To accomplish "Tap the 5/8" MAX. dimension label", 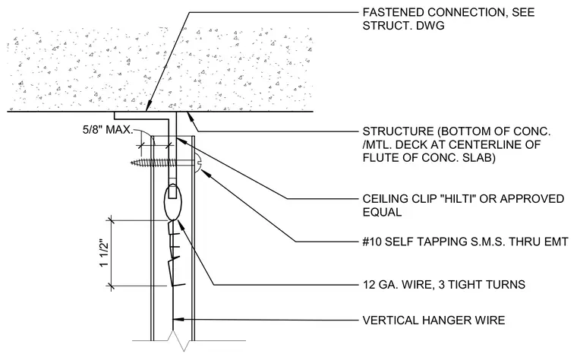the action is click(108, 130).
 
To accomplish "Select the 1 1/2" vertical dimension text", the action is click(105, 254).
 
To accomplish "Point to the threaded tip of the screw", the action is click(133, 163).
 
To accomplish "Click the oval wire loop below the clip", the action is click(173, 201).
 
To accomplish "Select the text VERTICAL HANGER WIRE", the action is click(434, 321).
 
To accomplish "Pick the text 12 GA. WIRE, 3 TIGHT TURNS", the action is click(444, 285).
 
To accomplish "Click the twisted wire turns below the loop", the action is click(175, 253).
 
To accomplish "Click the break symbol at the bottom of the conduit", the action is click(181, 340).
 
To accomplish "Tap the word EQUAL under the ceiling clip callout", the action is click(382, 212).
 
